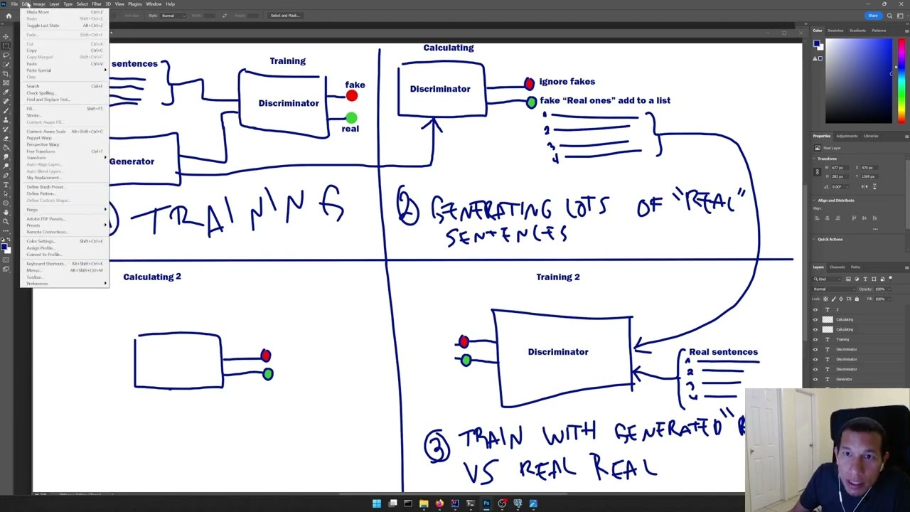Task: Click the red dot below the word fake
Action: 352,96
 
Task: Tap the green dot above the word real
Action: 351,117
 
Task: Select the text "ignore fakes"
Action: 567,82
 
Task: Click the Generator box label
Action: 132,161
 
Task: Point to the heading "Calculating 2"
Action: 152,277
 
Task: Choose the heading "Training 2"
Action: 558,277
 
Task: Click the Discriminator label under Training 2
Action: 558,352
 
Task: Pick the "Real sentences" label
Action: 723,352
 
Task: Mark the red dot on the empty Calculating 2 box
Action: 266,356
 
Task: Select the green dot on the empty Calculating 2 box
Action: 267,374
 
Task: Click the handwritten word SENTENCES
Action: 506,235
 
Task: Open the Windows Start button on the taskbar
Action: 377,504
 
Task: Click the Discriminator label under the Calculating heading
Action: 440,89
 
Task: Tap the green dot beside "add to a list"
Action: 531,102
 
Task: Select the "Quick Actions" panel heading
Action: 830,240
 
